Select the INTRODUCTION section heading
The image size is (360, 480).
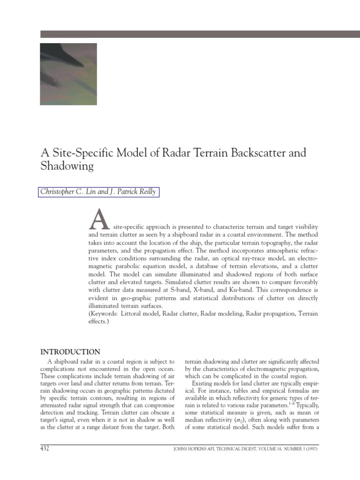(x=70, y=352)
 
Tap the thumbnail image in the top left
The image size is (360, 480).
(x=68, y=74)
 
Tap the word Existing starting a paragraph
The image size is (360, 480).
(x=204, y=384)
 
